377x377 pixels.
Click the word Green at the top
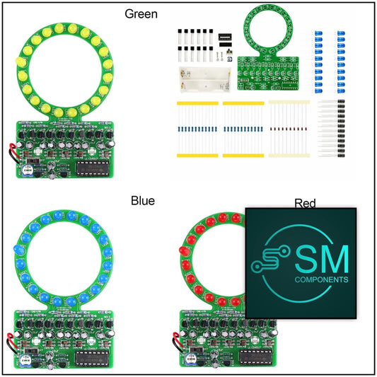[141, 14]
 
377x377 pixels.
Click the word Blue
[143, 200]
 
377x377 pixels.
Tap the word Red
[305, 204]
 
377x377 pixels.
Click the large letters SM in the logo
[322, 260]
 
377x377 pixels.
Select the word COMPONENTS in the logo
[321, 279]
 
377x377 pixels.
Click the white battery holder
[204, 80]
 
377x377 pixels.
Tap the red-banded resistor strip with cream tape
[289, 129]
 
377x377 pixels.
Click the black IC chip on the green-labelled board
[93, 168]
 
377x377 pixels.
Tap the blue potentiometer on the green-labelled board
[27, 170]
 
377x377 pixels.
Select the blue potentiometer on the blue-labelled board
[25, 360]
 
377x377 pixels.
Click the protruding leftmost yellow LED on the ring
[21, 62]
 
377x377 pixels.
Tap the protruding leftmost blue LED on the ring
[19, 250]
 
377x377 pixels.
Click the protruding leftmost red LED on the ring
[184, 251]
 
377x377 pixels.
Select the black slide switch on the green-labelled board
[33, 160]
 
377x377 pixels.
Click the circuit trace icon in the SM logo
[269, 259]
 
